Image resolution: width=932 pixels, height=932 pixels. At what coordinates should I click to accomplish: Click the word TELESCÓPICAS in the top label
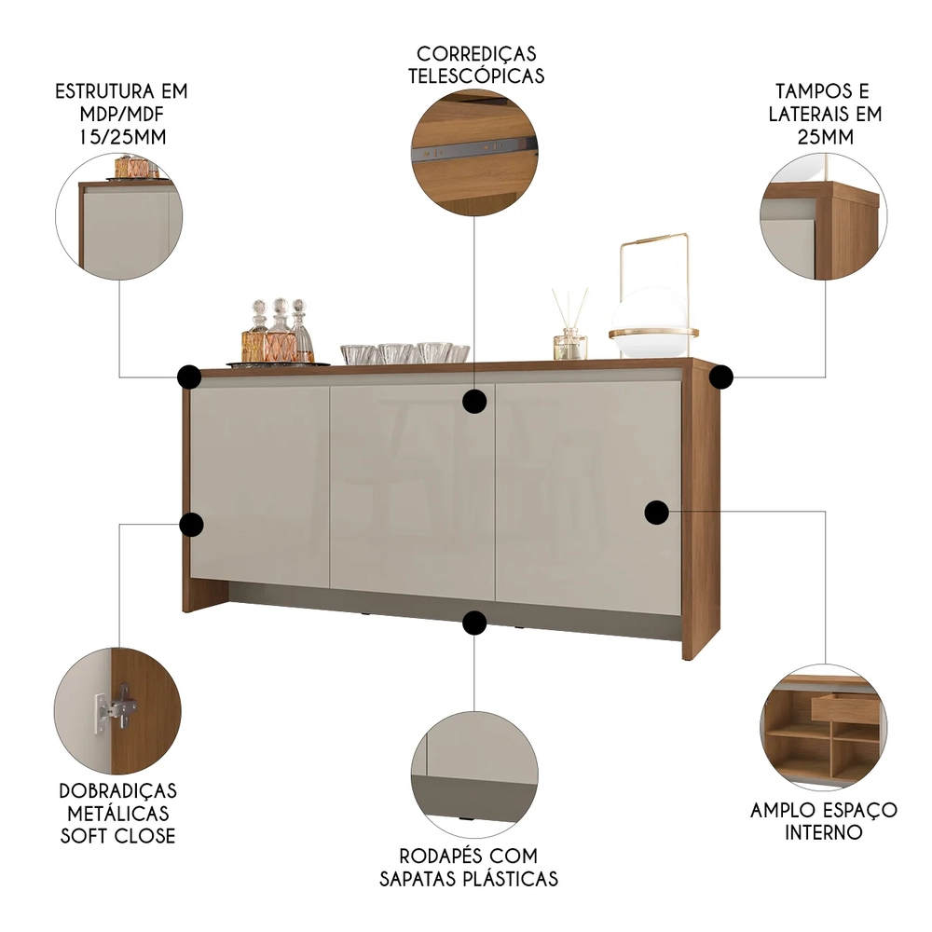pos(475,76)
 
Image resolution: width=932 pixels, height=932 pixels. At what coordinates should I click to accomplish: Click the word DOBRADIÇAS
pos(117,790)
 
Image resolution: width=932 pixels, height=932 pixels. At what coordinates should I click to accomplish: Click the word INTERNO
pos(824,832)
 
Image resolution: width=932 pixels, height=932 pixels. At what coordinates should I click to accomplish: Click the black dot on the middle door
pos(475,401)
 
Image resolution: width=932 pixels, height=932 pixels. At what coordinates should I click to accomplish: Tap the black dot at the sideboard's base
pos(475,623)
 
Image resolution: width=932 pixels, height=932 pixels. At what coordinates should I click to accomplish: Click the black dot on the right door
pos(657,511)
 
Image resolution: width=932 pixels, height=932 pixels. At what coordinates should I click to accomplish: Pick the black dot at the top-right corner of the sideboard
pos(720,377)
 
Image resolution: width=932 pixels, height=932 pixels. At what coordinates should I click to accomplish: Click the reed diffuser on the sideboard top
pos(570,331)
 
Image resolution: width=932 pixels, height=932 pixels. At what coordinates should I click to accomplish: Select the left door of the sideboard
pos(259,485)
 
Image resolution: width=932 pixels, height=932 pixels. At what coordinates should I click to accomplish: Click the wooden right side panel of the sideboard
pos(701,513)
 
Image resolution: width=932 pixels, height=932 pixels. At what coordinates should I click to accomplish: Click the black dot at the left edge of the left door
pos(191,525)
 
